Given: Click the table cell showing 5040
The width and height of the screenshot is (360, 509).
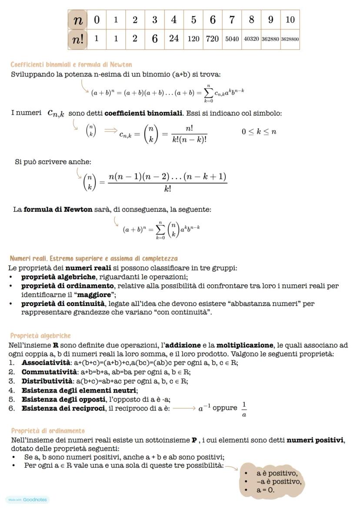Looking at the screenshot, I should tap(232, 39).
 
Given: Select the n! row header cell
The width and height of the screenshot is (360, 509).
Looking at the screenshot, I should tap(78, 39).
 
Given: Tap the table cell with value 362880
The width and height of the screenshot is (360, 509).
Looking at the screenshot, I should tap(270, 39).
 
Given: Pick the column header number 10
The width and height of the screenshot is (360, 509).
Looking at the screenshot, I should tap(290, 20).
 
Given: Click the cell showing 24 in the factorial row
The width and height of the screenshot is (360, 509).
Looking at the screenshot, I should tap(174, 39).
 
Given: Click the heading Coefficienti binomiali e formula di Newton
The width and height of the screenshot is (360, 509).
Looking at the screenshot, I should tap(71, 65).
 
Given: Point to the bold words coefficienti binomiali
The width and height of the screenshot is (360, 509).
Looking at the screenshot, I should tap(143, 113).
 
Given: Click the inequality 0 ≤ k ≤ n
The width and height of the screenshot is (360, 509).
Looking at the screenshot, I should tap(259, 132).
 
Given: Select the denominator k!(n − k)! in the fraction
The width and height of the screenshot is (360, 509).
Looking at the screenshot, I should tap(189, 140).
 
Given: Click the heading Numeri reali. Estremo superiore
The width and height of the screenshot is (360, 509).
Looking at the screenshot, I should tap(94, 259).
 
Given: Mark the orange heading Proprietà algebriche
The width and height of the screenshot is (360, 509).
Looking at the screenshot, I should tap(40, 336).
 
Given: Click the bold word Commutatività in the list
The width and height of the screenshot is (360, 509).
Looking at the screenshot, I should tap(48, 372).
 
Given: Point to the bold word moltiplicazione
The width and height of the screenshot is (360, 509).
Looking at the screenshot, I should tap(245, 345).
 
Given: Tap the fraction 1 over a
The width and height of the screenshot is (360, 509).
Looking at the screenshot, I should tap(244, 409).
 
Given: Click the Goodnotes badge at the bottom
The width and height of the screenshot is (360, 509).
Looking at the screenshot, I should tap(28, 499).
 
